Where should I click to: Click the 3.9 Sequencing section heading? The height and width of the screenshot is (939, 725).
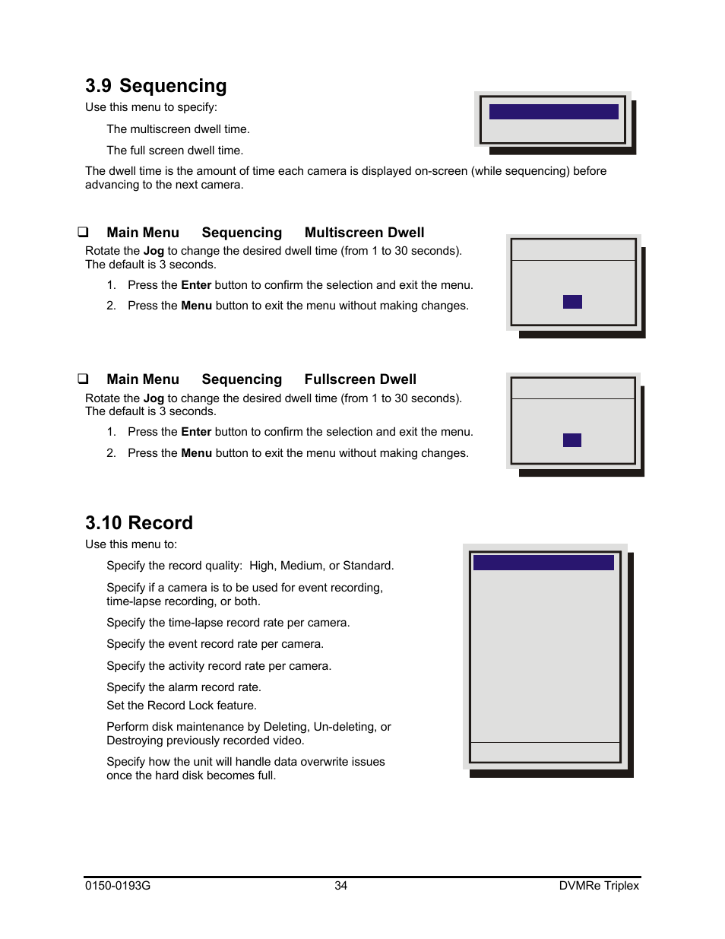pyautogui.click(x=156, y=86)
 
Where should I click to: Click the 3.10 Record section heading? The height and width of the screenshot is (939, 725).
pyautogui.click(x=139, y=523)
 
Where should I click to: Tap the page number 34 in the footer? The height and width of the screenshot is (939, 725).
pyautogui.click(x=341, y=886)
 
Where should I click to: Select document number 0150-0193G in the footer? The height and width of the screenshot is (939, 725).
pyautogui.click(x=118, y=886)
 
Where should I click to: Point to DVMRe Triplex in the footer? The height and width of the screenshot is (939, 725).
pyautogui.click(x=599, y=886)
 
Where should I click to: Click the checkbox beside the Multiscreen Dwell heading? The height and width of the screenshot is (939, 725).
pyautogui.click(x=83, y=232)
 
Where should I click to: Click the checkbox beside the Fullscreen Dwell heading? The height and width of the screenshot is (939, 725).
pyautogui.click(x=83, y=379)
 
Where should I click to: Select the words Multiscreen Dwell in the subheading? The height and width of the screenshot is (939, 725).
pyautogui.click(x=364, y=233)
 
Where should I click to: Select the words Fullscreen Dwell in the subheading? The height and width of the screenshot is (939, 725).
pyautogui.click(x=360, y=379)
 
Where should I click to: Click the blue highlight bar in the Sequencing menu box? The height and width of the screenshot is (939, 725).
pyautogui.click(x=553, y=112)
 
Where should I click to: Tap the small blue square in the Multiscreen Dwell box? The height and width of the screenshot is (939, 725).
pyautogui.click(x=572, y=302)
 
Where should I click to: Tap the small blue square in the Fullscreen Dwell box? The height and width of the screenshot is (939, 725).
pyautogui.click(x=572, y=440)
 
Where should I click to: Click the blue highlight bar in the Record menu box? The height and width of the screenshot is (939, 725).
pyautogui.click(x=543, y=563)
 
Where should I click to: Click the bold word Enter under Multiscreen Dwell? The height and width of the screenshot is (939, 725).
pyautogui.click(x=196, y=285)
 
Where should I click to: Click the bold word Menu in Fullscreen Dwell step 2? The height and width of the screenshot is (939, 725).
pyautogui.click(x=196, y=453)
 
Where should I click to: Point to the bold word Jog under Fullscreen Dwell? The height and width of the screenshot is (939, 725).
pyautogui.click(x=154, y=398)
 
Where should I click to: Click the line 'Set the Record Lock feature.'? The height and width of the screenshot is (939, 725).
pyautogui.click(x=182, y=706)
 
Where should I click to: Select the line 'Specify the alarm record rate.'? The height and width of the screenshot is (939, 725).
pyautogui.click(x=184, y=687)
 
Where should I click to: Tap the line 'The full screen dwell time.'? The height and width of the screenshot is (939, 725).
pyautogui.click(x=175, y=151)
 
